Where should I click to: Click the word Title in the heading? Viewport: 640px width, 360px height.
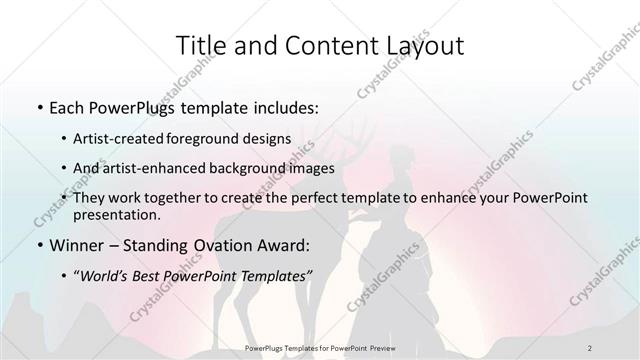pyautogui.click(x=200, y=45)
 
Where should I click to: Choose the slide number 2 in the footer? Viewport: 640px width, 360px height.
pyautogui.click(x=590, y=347)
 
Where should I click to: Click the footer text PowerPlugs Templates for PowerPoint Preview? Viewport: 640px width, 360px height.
pyautogui.click(x=319, y=347)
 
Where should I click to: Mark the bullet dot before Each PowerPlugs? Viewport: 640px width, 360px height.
pyautogui.click(x=38, y=105)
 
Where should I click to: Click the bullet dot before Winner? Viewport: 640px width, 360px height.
pyautogui.click(x=38, y=245)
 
